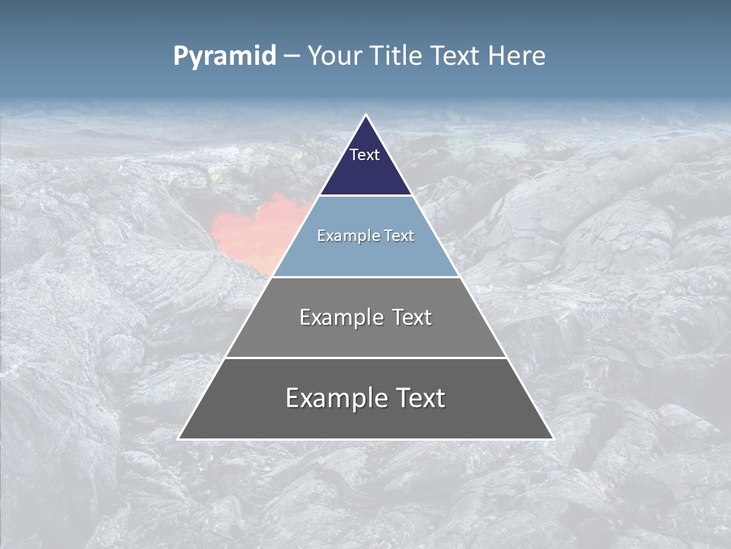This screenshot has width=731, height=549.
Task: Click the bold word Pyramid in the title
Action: tap(225, 56)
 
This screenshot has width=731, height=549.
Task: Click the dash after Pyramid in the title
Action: tap(292, 56)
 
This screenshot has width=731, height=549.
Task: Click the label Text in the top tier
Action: tap(365, 155)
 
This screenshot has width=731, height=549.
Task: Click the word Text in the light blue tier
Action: tap(400, 236)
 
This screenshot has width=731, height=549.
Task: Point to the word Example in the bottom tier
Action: tap(333, 398)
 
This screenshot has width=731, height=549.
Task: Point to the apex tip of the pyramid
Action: tap(365, 116)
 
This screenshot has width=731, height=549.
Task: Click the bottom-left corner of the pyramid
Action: tap(180, 438)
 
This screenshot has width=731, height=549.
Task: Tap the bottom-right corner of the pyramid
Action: tap(552, 438)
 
